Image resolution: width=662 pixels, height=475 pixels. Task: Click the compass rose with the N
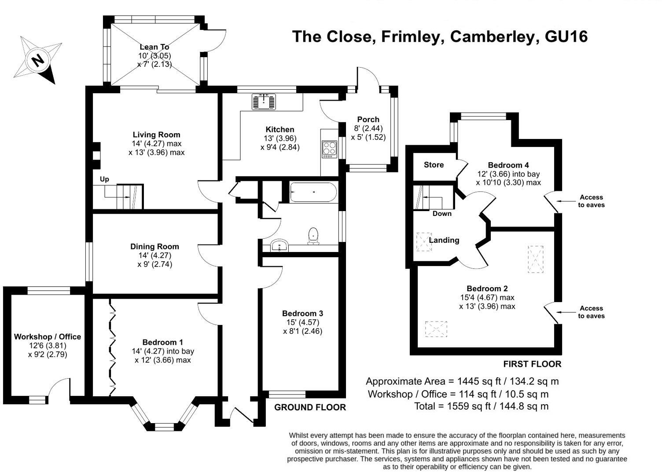click(37, 59)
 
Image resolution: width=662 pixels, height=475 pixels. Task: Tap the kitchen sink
click(264, 102)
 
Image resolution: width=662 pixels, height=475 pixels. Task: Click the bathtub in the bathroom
click(313, 192)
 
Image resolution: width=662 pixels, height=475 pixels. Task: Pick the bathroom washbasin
click(279, 246)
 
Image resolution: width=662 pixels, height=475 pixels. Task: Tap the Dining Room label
click(154, 246)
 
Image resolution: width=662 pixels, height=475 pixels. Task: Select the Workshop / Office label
click(48, 336)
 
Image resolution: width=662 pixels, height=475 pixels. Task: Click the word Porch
click(368, 119)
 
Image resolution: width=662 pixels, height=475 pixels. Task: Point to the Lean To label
click(154, 47)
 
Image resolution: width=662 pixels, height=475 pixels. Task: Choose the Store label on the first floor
click(434, 165)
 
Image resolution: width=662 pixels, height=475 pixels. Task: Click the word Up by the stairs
click(104, 179)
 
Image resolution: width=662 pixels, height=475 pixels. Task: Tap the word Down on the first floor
click(442, 214)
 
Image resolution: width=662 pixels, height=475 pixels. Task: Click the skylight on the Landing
click(424, 241)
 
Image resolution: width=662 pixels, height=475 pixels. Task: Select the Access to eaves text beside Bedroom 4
click(591, 201)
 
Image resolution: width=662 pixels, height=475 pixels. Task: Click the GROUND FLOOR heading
click(310, 407)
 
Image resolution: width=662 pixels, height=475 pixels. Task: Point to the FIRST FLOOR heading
click(532, 364)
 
